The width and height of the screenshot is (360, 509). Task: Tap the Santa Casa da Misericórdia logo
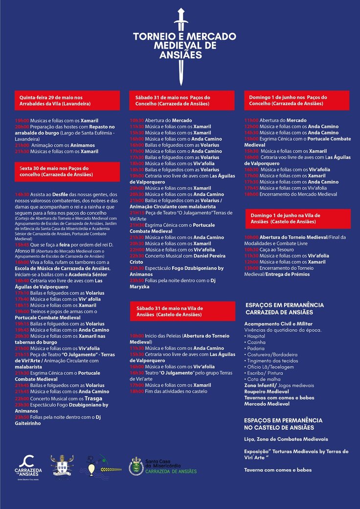tap(163, 465)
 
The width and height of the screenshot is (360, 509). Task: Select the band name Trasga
tap(93, 398)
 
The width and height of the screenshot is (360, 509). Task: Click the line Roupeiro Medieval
tap(266, 392)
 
